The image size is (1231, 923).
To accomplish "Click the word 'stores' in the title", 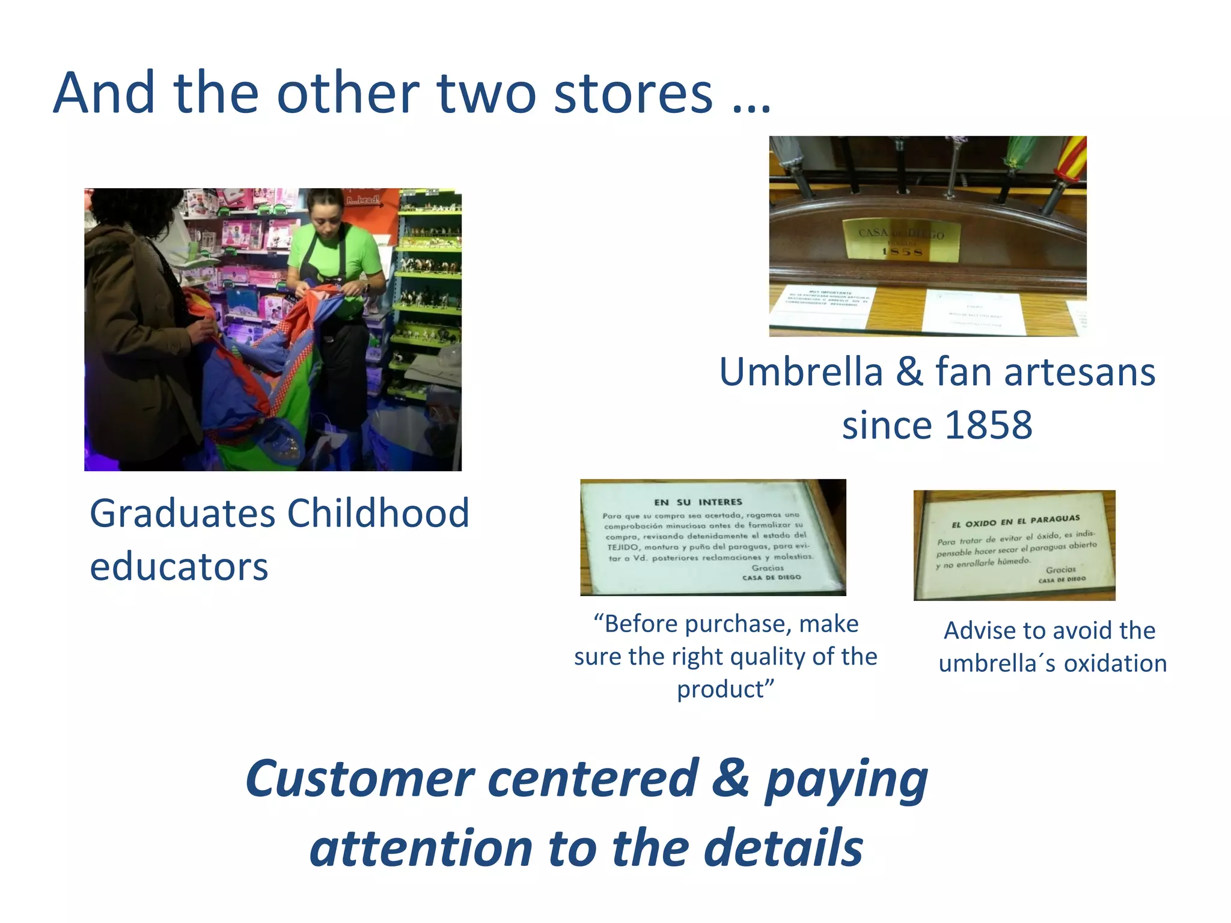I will [632, 94].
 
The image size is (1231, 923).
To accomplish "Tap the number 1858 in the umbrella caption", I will [988, 425].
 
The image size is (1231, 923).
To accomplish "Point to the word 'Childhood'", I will [378, 514].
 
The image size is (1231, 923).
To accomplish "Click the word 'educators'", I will [179, 567].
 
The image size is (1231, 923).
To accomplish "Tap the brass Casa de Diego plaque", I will [900, 239].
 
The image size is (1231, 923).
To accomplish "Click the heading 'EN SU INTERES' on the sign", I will [698, 502].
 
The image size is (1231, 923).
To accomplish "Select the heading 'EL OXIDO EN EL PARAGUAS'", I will [1015, 520].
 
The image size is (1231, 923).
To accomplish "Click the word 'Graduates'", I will [183, 514].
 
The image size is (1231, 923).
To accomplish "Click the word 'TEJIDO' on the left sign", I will [623, 547].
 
